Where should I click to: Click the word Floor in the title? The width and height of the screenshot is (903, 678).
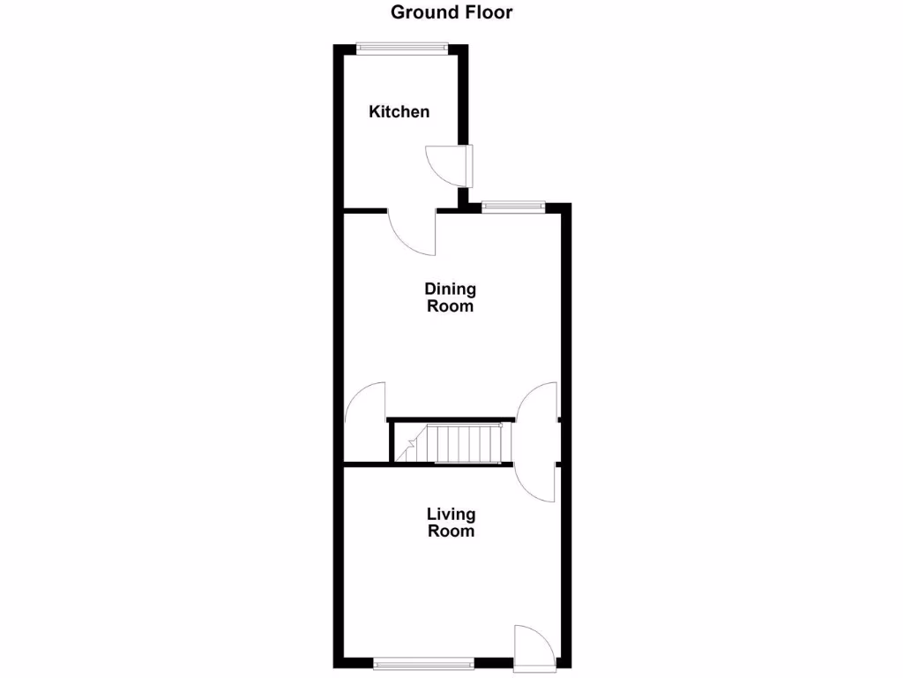coord(485,12)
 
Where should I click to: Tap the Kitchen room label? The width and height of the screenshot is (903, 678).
coord(399,111)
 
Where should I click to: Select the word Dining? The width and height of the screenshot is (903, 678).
coord(450,289)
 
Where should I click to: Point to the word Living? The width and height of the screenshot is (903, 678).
coord(451,514)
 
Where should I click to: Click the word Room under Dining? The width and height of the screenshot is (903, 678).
coord(450,306)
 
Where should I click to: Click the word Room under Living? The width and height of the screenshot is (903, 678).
coord(451,531)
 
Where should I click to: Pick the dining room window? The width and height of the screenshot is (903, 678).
coord(512,207)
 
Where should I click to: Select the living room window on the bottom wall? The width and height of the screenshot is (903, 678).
coord(423,663)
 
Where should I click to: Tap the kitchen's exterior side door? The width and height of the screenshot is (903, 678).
coord(444,166)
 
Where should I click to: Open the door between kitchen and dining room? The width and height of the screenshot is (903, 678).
coord(413,231)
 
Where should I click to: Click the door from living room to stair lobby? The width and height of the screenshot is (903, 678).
coord(536,484)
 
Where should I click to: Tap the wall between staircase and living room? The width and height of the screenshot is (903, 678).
coord(428,463)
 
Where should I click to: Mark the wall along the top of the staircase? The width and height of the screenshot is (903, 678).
coord(450,419)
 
